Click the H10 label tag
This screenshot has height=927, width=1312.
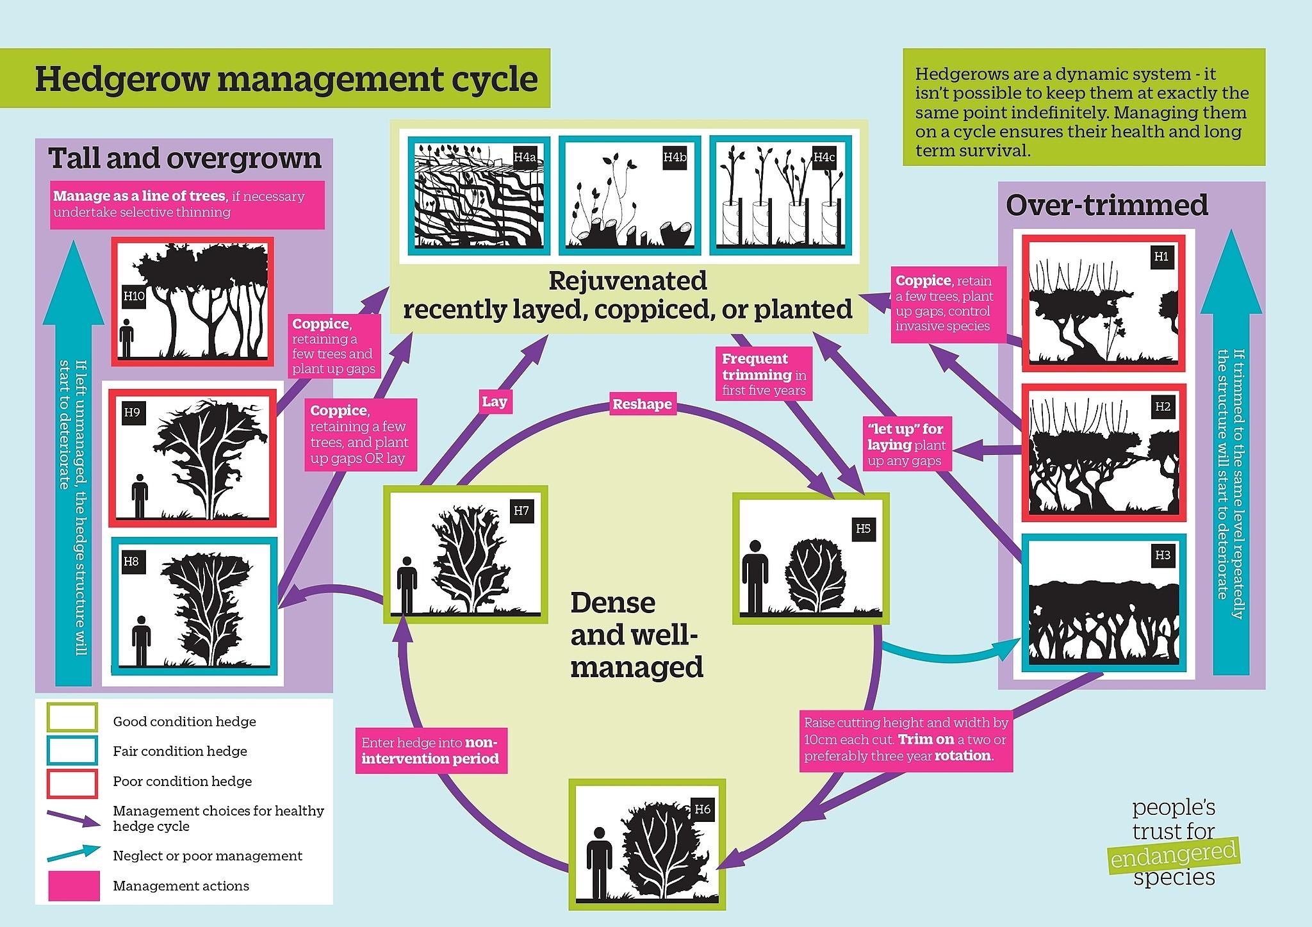135,295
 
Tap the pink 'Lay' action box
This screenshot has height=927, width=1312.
494,402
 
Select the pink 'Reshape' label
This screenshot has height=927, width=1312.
642,404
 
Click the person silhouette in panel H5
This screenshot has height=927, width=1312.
755,577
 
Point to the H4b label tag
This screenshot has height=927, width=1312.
675,158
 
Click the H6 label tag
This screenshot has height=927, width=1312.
703,809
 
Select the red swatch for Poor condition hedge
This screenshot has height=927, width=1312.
72,783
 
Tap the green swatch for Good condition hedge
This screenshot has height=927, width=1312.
72,718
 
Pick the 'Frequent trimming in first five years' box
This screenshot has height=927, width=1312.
764,374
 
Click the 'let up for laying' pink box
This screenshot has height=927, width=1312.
906,444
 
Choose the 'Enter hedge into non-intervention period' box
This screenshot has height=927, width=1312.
431,751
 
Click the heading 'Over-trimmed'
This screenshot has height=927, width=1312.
1106,205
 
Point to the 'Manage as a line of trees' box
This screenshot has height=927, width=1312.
188,204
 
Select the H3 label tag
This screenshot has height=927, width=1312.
1163,555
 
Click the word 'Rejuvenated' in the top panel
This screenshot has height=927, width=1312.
628,281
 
